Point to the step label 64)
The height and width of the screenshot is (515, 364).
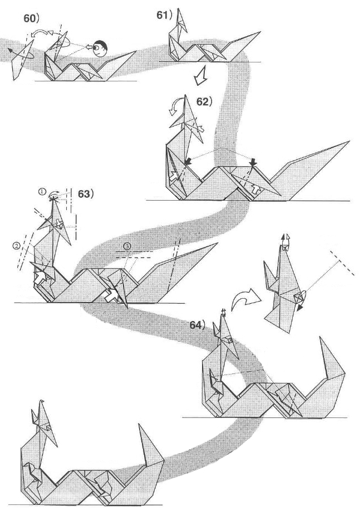point(197,325)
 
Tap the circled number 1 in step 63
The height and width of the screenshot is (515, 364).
point(42,191)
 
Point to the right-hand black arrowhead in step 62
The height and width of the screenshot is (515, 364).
point(254,162)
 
